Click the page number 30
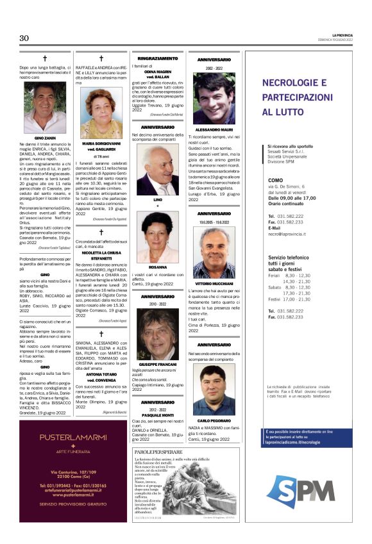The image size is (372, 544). (x=24, y=38)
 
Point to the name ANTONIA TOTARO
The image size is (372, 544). (x=101, y=356)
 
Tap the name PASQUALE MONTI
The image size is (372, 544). (x=157, y=416)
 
